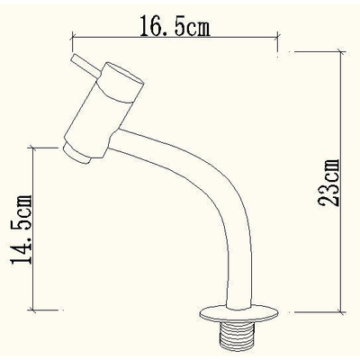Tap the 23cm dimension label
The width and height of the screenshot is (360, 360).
click(329, 183)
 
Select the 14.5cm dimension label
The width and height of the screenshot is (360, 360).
click(21, 229)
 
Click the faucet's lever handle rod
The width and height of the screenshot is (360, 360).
click(85, 67)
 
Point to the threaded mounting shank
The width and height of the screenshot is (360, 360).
click(237, 336)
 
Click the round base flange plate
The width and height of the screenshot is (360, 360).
click(239, 314)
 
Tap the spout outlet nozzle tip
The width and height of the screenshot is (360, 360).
click(76, 153)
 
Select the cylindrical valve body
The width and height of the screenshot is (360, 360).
click(103, 110)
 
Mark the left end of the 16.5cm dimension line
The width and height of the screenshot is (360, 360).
click(72, 38)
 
